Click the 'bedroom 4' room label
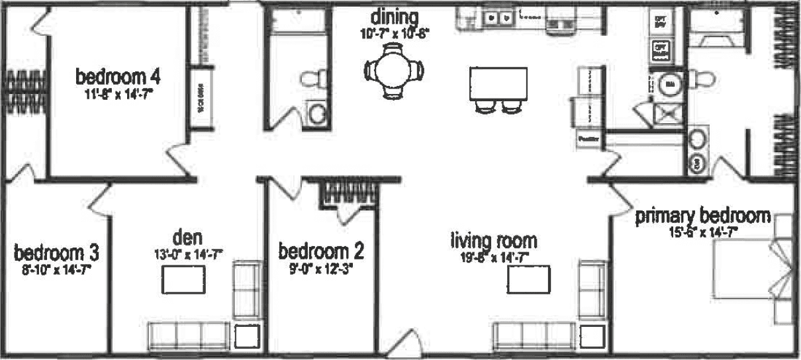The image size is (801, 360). click(118, 76)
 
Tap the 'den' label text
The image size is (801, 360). click(187, 236)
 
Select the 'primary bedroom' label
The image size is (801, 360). click(703, 216)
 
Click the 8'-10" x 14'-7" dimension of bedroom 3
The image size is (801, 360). click(56, 269)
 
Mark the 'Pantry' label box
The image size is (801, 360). click(589, 140)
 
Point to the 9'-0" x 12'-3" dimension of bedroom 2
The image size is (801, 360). click(321, 269)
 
